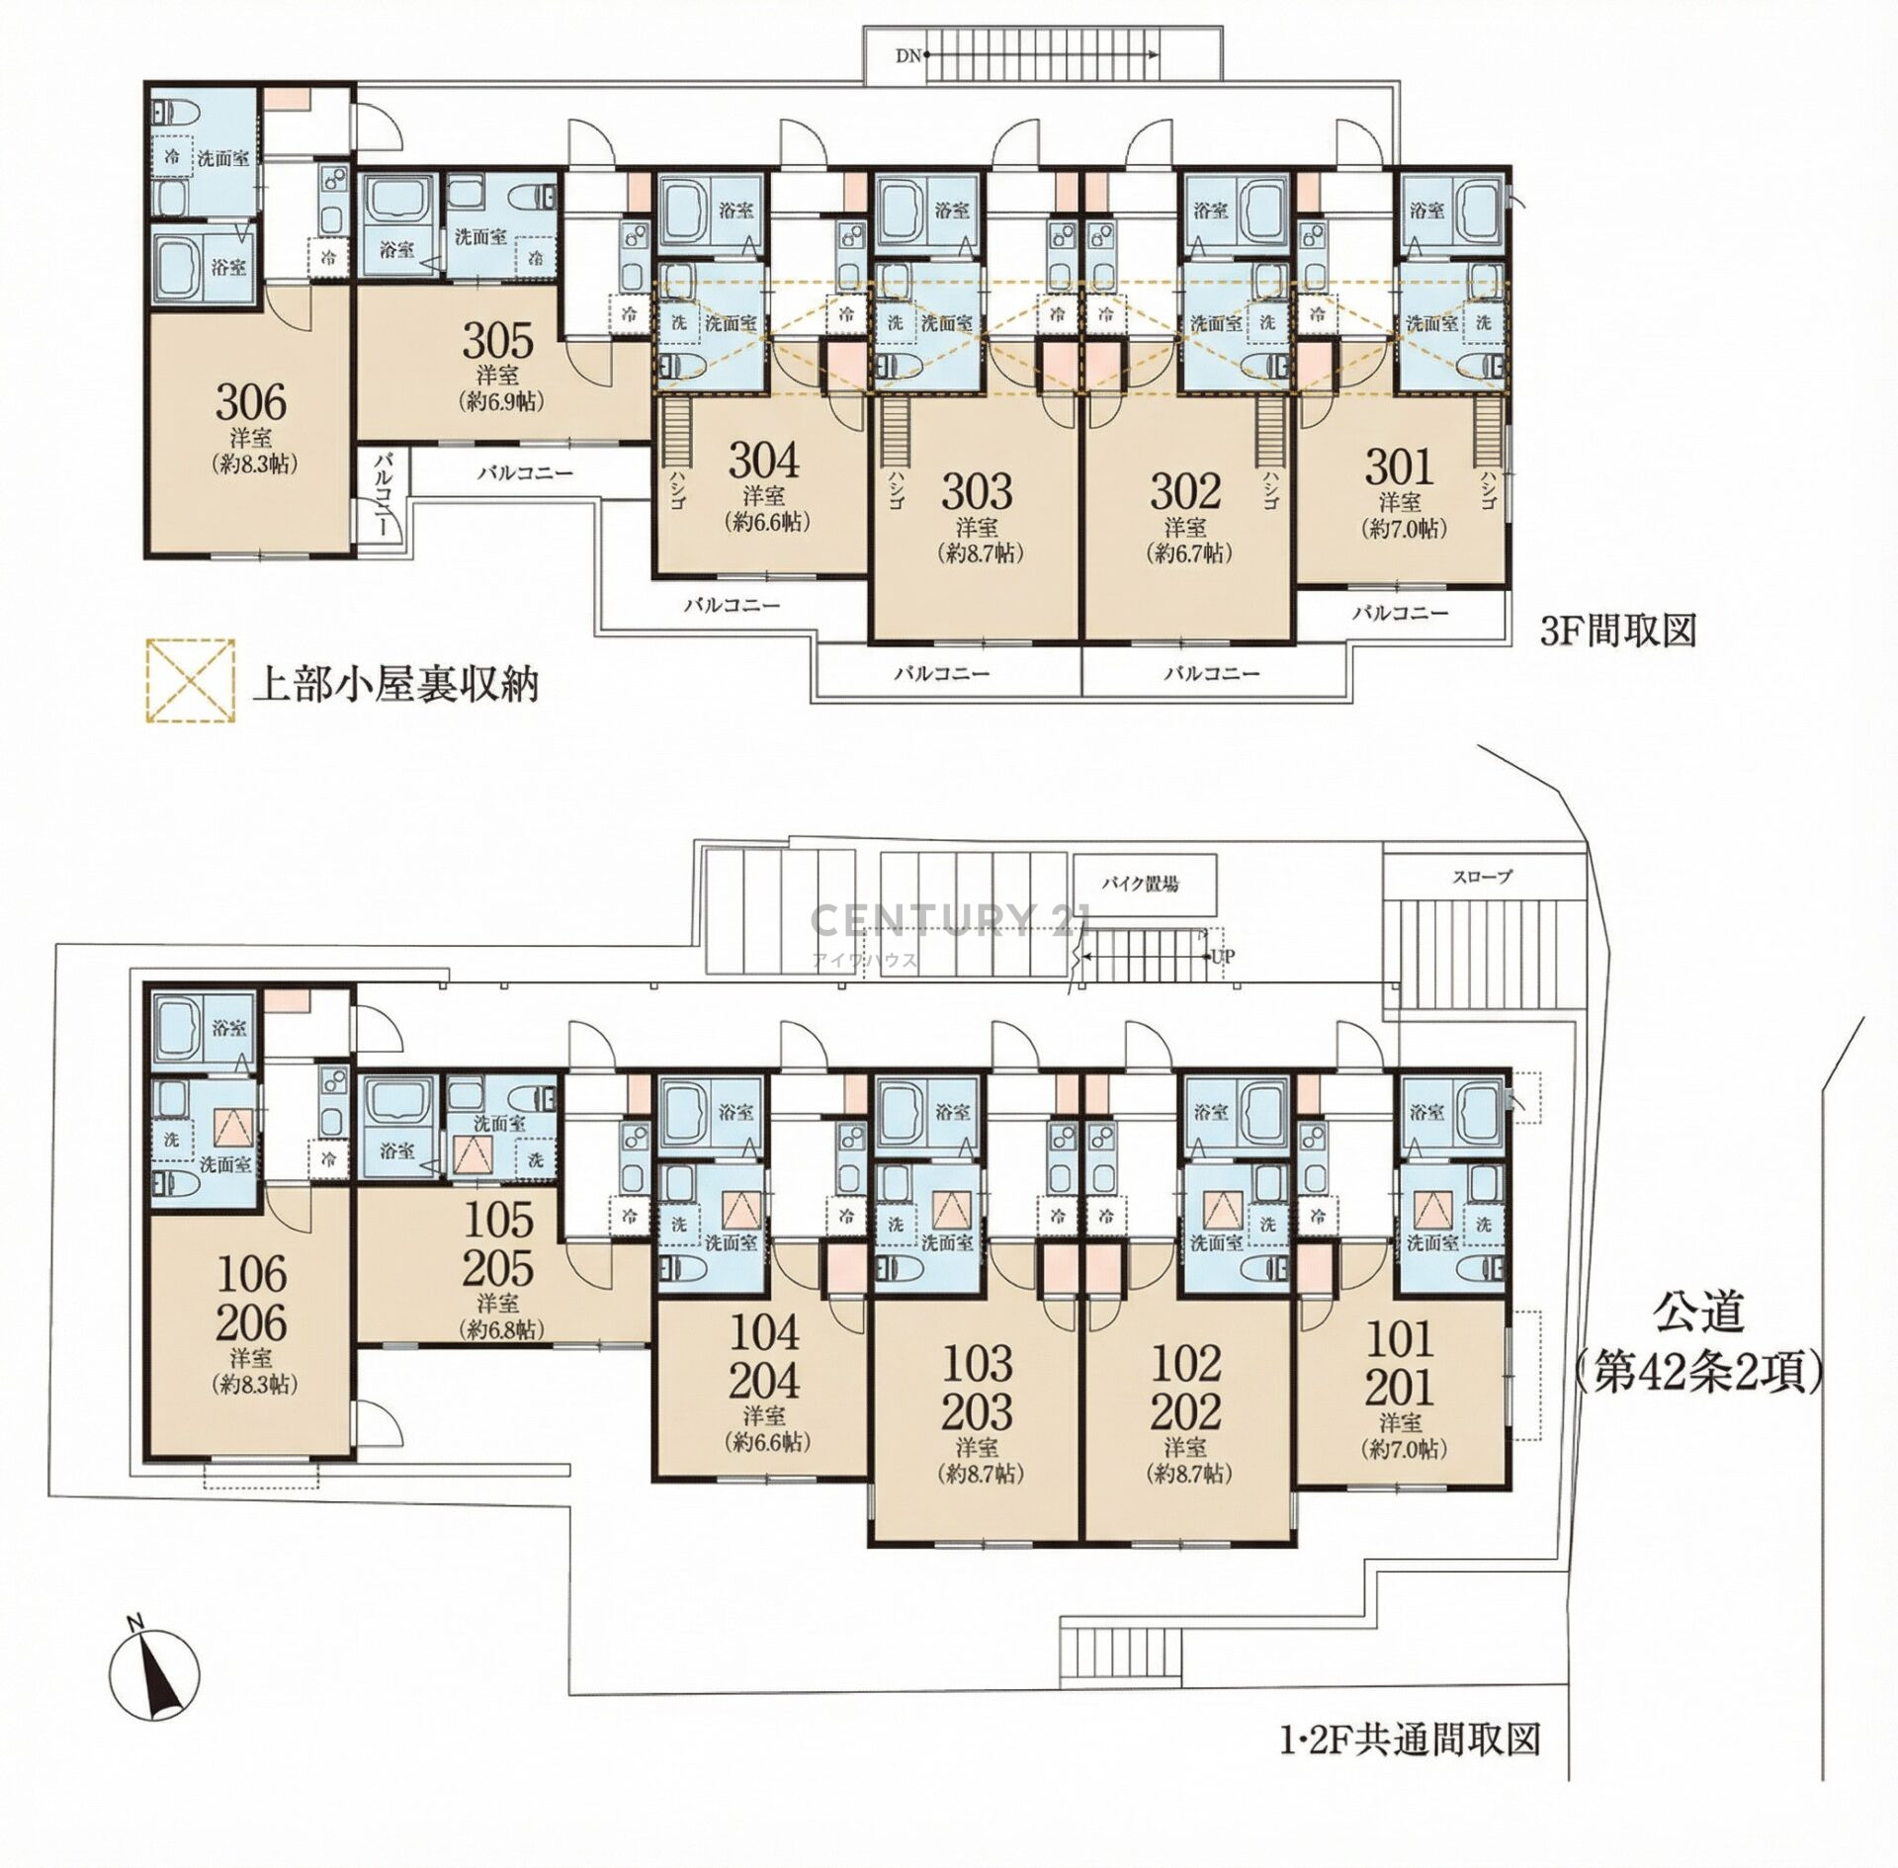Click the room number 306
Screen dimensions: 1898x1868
point(251,402)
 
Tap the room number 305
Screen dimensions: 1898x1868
point(498,341)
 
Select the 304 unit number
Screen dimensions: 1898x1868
point(764,461)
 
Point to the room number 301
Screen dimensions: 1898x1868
point(1399,466)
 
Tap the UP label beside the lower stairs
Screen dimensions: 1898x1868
point(1223,956)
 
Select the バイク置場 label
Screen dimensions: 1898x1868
point(1143,885)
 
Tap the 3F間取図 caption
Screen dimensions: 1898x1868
point(1618,631)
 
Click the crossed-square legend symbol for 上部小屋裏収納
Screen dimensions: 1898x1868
point(190,682)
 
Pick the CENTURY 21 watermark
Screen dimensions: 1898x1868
point(950,920)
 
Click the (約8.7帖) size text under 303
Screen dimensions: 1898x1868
point(979,553)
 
